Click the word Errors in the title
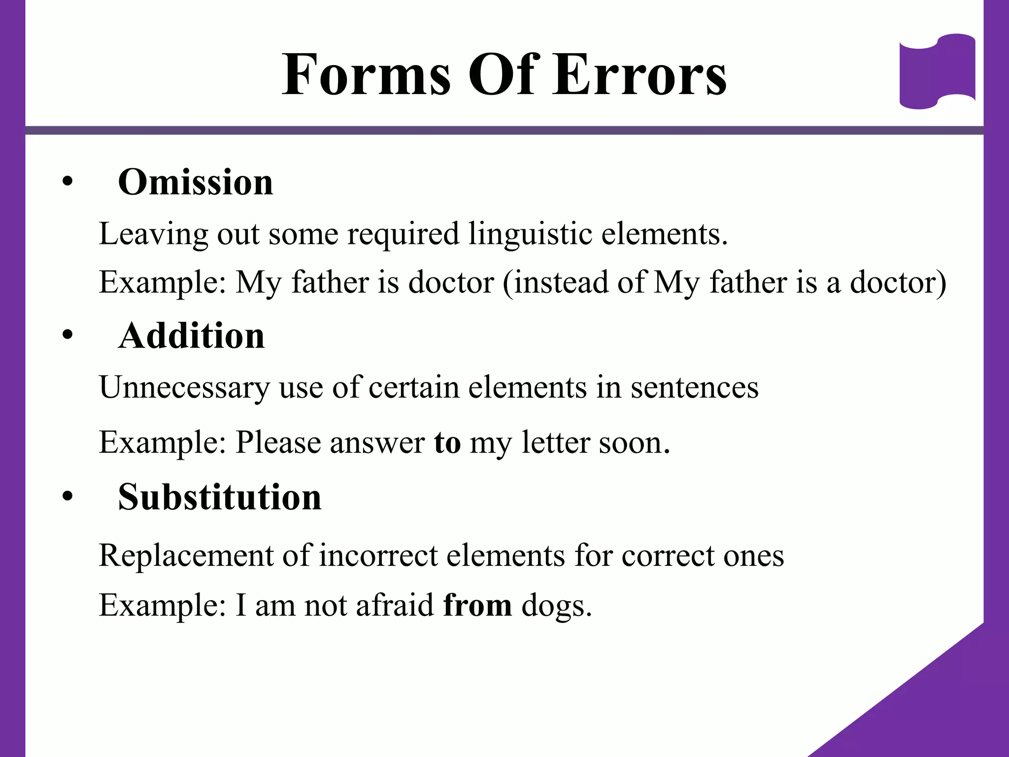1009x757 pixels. (639, 75)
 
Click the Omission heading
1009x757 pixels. (196, 182)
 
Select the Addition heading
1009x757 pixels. (192, 336)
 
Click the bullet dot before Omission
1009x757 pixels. (67, 182)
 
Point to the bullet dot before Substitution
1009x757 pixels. (67, 497)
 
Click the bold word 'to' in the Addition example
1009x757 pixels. (447, 443)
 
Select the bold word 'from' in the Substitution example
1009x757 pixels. (477, 605)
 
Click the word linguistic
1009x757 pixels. (530, 234)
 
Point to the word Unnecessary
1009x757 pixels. (184, 387)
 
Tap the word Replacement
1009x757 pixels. (186, 556)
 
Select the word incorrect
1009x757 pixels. (378, 556)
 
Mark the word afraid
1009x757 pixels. (395, 605)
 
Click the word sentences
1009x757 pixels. (695, 387)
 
